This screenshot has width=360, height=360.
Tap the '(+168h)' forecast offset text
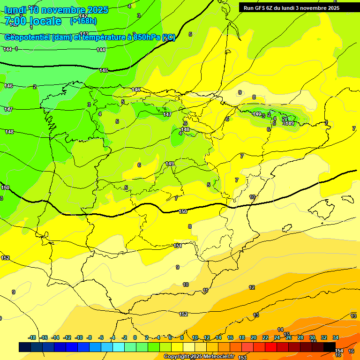point(83,21)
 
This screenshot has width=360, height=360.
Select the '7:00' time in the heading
point(15,21)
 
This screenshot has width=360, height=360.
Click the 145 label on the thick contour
point(104,70)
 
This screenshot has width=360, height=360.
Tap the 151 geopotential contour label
point(177,246)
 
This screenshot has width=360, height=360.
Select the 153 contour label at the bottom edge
point(242,358)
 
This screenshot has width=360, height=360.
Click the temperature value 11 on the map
point(205,291)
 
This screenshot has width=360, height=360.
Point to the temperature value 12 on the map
point(252,287)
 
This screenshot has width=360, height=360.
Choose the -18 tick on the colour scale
point(32,337)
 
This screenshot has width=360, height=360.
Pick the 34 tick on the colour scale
point(336,337)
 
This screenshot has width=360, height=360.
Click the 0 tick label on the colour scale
point(135,337)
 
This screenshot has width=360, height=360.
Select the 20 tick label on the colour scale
point(254,337)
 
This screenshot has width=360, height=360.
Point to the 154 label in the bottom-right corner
point(339,351)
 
